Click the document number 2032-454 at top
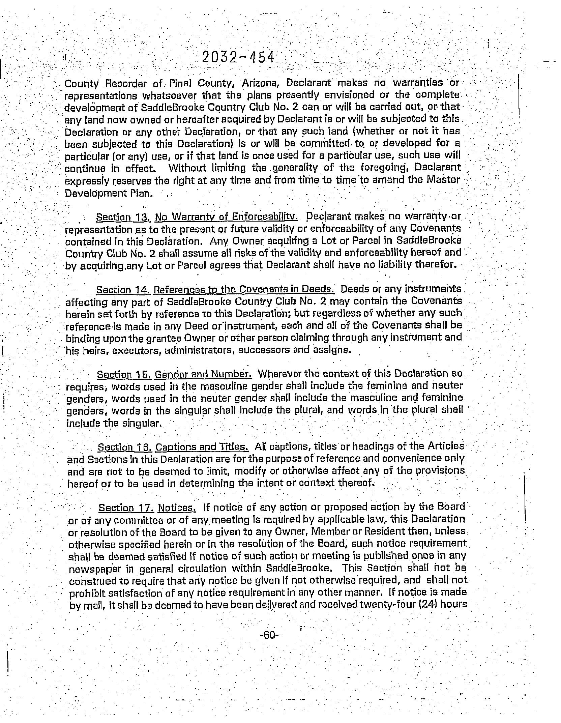pos(238,58)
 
